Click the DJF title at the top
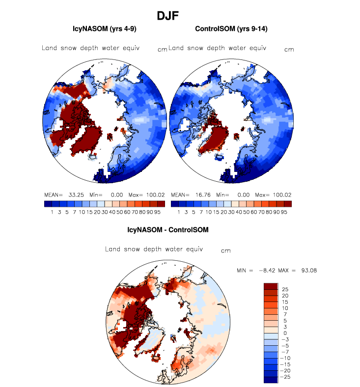[x=167, y=16]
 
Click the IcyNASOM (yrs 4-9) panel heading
[x=104, y=29]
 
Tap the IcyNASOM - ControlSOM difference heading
[x=166, y=229]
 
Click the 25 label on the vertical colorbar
[x=285, y=289]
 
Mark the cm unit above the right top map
[x=289, y=50]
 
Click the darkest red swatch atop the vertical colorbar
[x=271, y=286]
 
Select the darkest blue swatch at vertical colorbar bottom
[x=271, y=380]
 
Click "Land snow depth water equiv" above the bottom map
[x=154, y=249]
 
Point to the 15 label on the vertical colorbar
[x=285, y=302]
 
